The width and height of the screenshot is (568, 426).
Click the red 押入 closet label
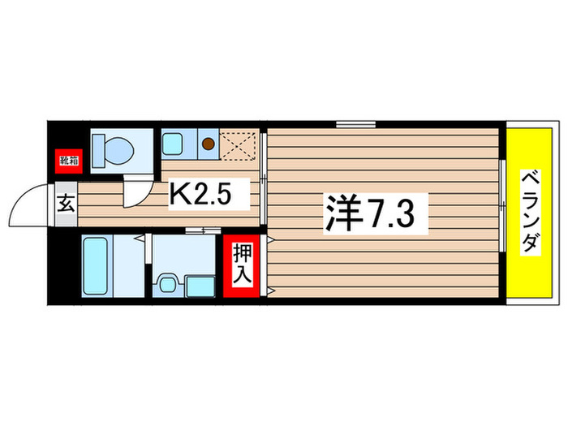[243, 264]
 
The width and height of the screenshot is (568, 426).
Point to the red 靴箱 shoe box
[67, 159]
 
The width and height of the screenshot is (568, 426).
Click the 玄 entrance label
[66, 204]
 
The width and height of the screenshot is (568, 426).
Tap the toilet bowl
[116, 149]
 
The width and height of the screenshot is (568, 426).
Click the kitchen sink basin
[174, 145]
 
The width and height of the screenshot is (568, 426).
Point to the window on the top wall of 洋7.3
[355, 125]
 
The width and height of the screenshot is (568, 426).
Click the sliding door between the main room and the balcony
[502, 213]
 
